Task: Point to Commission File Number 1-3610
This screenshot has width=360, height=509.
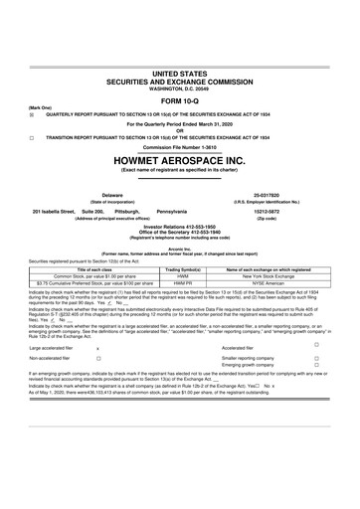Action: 180,147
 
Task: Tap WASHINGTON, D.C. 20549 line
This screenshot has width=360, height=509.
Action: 180,85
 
